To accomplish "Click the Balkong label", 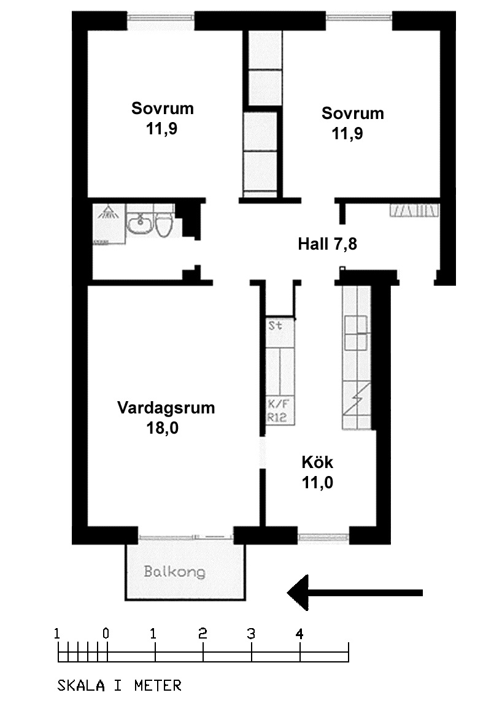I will pyautogui.click(x=175, y=572).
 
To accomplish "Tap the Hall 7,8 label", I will pyautogui.click(x=327, y=244).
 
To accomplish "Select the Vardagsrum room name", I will pyautogui.click(x=166, y=407).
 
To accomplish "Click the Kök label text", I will pyautogui.click(x=317, y=462).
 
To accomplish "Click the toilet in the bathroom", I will pyautogui.click(x=163, y=225).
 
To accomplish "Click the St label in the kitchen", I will pyautogui.click(x=276, y=326).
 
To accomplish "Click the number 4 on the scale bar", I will pyautogui.click(x=299, y=634).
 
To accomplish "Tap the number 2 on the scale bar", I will pyautogui.click(x=203, y=634).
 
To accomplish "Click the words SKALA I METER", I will pyautogui.click(x=119, y=685).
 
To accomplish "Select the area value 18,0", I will pyautogui.click(x=162, y=428).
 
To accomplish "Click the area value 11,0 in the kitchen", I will pyautogui.click(x=317, y=483).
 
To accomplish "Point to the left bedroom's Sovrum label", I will pyautogui.click(x=163, y=109).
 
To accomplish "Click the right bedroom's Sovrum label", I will pyautogui.click(x=353, y=113).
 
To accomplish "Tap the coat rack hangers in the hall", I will pyautogui.click(x=414, y=211).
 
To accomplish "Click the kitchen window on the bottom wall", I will pyautogui.click(x=323, y=537).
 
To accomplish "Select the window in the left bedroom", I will pyautogui.click(x=161, y=20).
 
